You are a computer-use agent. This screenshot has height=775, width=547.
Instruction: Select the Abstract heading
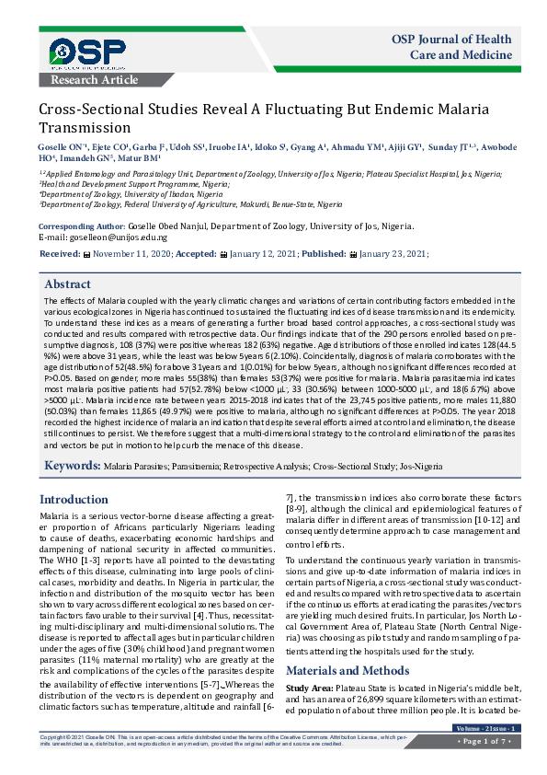click(x=68, y=284)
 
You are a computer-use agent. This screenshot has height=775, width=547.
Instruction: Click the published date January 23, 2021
click(x=393, y=253)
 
